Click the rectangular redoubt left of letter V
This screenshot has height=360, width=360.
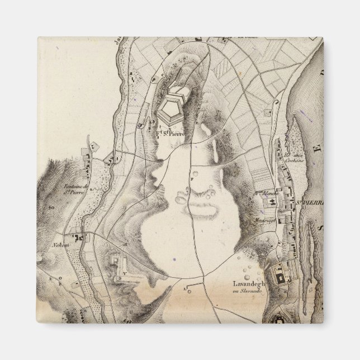click(x=117, y=260)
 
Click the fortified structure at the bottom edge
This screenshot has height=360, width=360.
click(x=278, y=320)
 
